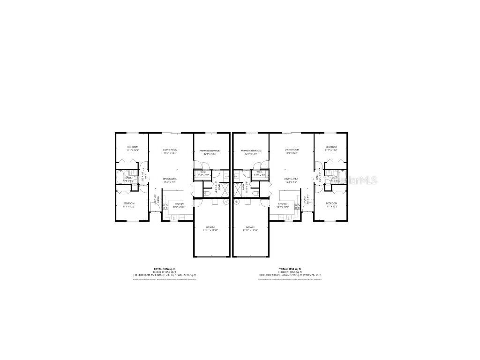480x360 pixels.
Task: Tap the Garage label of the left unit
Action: (x=211, y=229)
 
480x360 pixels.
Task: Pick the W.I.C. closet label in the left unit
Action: (x=203, y=173)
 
